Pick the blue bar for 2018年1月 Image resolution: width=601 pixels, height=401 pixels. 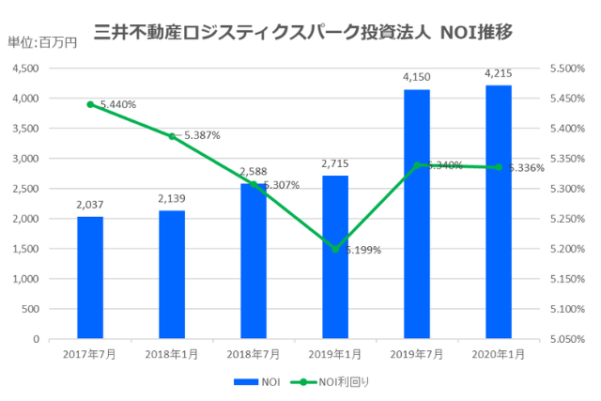172,274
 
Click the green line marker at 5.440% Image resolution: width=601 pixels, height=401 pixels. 90,104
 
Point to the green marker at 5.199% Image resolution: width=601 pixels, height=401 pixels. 335,249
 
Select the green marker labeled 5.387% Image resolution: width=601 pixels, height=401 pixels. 172,136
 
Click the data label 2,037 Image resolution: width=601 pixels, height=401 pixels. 90,203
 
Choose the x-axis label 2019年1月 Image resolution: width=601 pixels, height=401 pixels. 335,354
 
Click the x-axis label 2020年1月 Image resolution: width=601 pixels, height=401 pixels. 498,354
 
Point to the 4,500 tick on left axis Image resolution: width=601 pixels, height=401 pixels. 23,69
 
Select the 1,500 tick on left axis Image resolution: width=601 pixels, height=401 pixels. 23,249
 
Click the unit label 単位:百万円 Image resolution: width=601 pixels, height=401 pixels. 42,42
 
